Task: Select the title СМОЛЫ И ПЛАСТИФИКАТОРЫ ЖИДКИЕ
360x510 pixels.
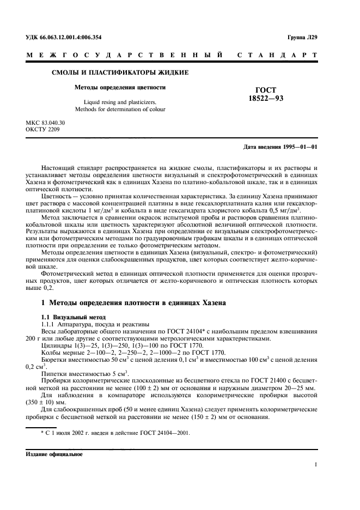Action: [120, 72]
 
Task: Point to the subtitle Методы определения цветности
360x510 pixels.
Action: [120, 87]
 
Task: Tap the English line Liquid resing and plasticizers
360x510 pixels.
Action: [120, 102]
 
